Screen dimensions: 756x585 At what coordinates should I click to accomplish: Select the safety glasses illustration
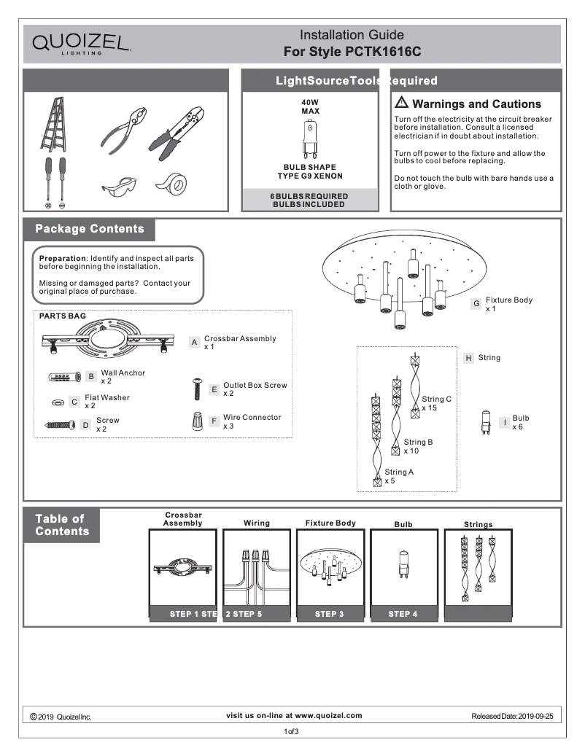(x=119, y=187)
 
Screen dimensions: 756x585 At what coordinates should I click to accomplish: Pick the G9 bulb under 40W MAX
(x=309, y=141)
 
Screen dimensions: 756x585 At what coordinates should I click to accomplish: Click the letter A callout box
(x=195, y=342)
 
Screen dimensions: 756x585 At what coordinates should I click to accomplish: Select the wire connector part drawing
(x=197, y=422)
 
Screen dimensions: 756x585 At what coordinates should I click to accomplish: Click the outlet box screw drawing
(x=195, y=389)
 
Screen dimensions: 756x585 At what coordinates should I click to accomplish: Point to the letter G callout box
(x=476, y=303)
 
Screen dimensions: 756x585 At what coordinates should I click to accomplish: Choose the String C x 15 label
(x=436, y=403)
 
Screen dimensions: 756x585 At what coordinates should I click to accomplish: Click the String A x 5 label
(x=399, y=476)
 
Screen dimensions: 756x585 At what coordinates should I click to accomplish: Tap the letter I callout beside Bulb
(x=504, y=422)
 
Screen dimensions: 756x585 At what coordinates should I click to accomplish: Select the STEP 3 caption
(x=329, y=614)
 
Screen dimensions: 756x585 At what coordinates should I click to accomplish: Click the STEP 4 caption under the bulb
(x=403, y=614)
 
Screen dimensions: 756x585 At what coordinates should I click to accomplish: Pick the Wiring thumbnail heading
(x=257, y=523)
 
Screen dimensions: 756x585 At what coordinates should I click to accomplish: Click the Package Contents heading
(x=90, y=229)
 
